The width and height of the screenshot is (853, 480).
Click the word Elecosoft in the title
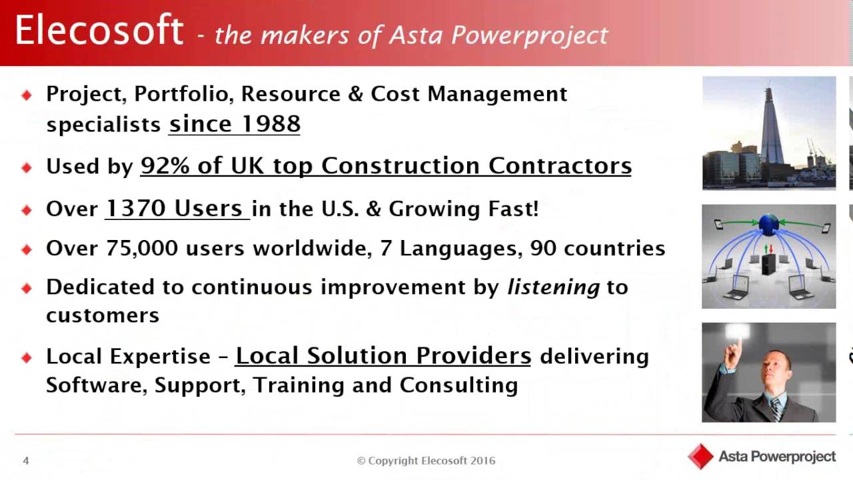pos(99,31)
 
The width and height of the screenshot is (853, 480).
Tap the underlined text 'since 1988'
pos(235,124)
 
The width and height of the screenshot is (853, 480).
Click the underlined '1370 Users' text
pos(175,209)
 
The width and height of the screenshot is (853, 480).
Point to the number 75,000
pos(142,249)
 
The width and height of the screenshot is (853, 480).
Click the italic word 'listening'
pos(554,287)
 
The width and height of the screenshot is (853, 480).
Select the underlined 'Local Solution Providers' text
pos(383,356)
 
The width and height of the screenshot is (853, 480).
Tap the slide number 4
pos(26,461)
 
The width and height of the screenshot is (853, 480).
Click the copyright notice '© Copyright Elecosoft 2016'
pos(426,461)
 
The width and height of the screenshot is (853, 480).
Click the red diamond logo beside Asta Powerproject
pos(700,457)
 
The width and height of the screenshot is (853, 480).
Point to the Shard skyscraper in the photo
pos(772,127)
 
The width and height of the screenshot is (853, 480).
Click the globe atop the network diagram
pos(768,224)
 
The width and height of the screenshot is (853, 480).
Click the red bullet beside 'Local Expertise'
pos(27,357)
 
